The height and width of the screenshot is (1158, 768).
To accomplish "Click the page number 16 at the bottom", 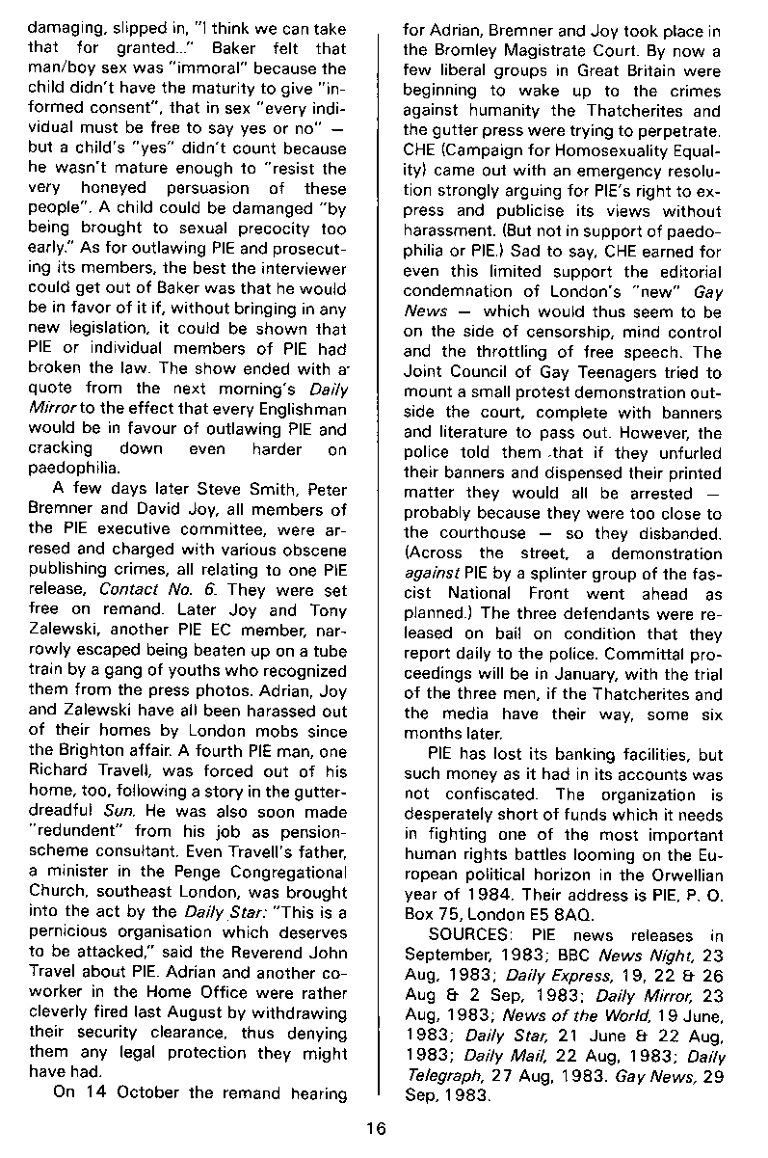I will coord(383,1132).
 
